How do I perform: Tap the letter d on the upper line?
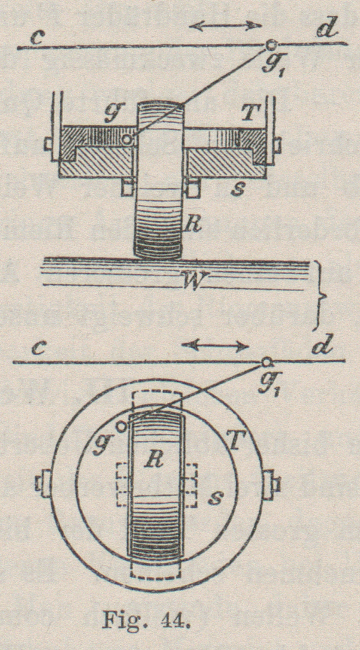click(325, 30)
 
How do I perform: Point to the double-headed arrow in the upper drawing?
click(226, 26)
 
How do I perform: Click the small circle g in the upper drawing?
click(126, 139)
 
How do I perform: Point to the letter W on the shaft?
click(195, 282)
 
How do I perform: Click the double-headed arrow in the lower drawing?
click(215, 344)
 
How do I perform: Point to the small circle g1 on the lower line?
click(266, 362)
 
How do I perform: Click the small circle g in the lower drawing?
click(122, 426)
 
